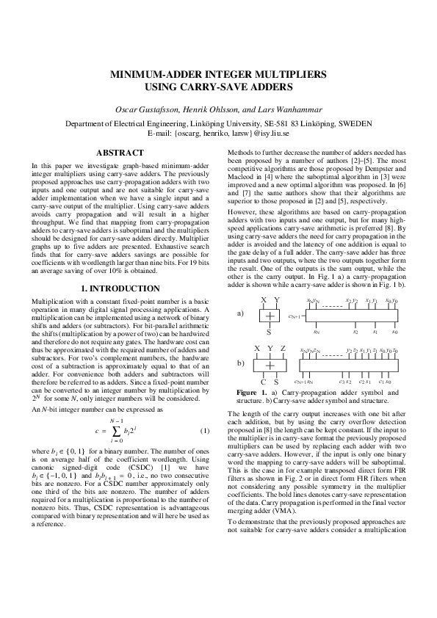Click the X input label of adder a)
[263, 301]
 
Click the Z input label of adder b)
[283, 348]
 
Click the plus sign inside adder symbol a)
[270, 316]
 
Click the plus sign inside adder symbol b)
[270, 365]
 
